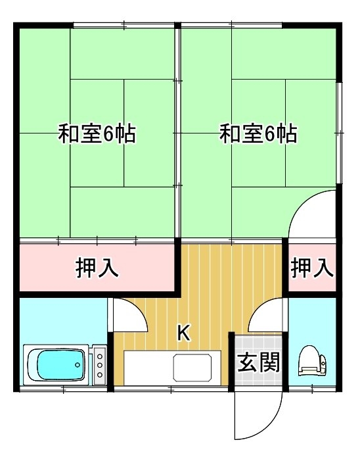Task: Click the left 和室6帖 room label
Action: (97, 134)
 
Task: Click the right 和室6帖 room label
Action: (258, 134)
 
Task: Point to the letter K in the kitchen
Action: (184, 333)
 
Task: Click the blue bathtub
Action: (56, 364)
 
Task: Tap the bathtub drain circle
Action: (78, 365)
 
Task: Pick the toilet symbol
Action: (313, 361)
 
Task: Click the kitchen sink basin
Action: (192, 367)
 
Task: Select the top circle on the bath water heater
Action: (100, 356)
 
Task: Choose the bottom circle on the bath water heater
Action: (100, 375)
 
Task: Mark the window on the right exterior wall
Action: (339, 133)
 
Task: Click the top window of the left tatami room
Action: (124, 25)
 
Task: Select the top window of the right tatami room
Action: (232, 25)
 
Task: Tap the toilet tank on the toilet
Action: (323, 364)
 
